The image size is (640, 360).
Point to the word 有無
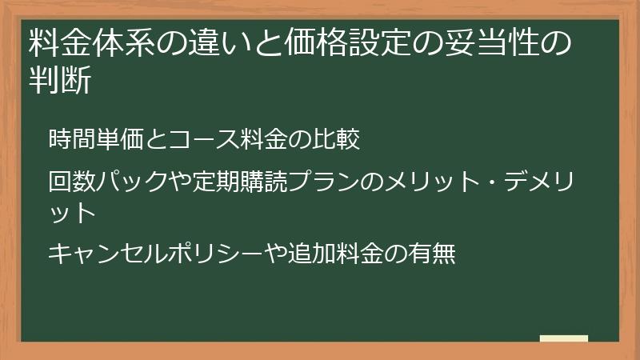coord(433,254)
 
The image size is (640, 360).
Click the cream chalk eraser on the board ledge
coord(564,338)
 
